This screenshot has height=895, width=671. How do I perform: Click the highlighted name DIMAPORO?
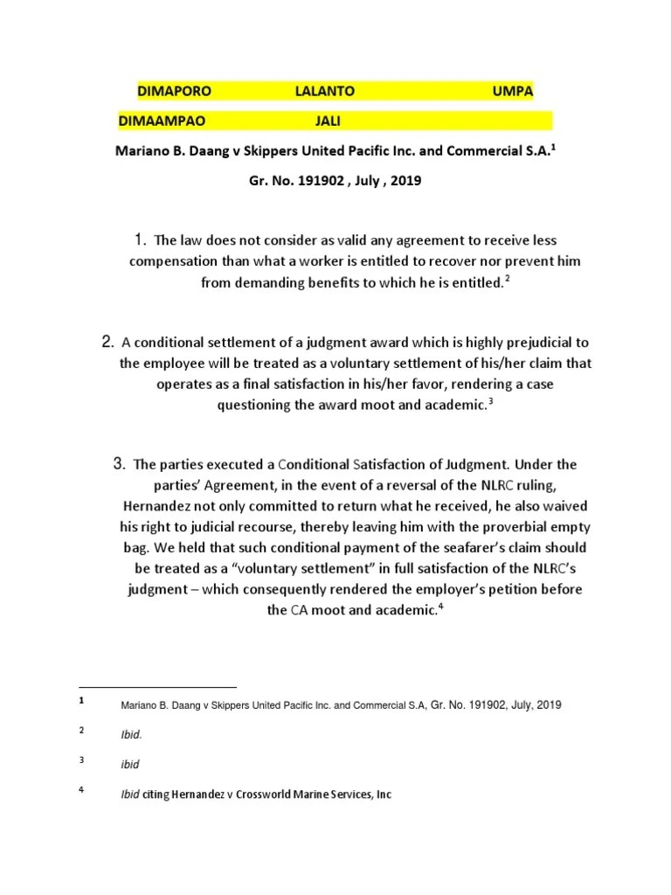click(175, 90)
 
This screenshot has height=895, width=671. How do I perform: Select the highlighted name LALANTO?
click(325, 90)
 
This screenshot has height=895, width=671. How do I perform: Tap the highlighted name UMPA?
click(513, 90)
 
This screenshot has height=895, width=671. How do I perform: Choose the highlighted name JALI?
click(329, 120)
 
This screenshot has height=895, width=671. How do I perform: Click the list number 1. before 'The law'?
click(140, 239)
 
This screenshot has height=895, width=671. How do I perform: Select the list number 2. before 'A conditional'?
click(108, 341)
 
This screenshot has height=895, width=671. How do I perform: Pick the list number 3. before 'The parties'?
click(121, 463)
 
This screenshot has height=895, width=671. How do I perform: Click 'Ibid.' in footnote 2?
click(130, 735)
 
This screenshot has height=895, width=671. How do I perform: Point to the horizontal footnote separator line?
click(157, 687)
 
